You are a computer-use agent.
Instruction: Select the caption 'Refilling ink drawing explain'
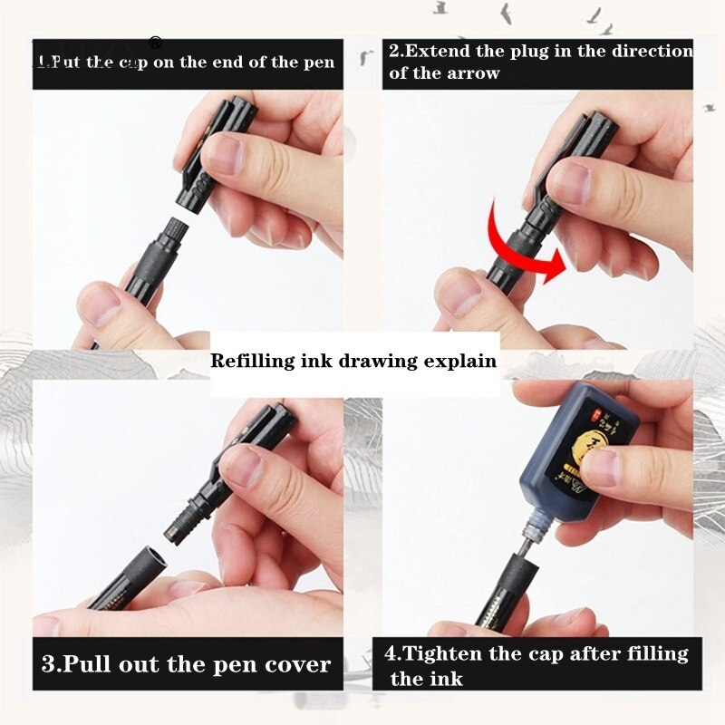(353, 361)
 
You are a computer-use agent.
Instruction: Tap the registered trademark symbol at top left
(155, 42)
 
